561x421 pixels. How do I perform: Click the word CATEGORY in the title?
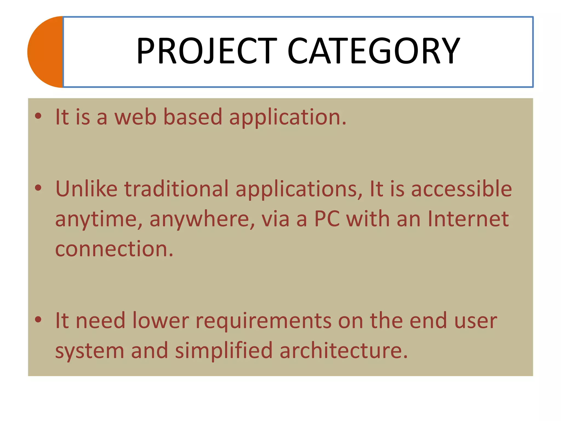[x=374, y=51]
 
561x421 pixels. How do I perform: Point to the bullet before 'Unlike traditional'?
[x=38, y=188]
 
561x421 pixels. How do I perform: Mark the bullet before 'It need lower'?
[x=38, y=320]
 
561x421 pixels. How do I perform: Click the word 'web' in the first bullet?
[x=135, y=117]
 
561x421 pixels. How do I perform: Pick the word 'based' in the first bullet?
[x=193, y=117]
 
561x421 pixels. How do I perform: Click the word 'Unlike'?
[x=86, y=189]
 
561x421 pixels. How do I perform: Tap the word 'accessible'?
[x=462, y=189]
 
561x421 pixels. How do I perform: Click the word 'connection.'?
[x=114, y=249]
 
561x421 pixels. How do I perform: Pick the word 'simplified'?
[x=224, y=351]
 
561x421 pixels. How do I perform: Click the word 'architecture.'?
[x=344, y=351]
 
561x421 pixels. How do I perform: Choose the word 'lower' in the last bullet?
[x=161, y=321]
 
